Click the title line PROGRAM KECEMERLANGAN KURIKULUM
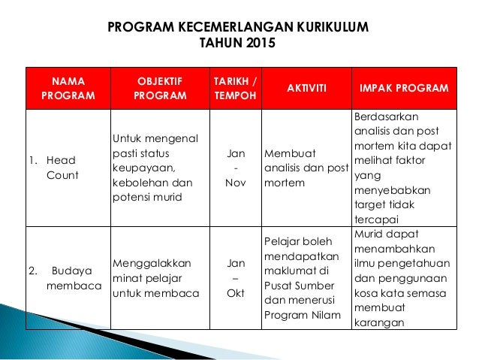pyautogui.click(x=239, y=28)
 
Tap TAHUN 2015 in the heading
pyautogui.click(x=239, y=44)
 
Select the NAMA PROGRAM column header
pyautogui.click(x=68, y=88)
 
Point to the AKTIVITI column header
pyautogui.click(x=306, y=88)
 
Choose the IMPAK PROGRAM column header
pyautogui.click(x=404, y=88)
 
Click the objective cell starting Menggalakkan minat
pyautogui.click(x=155, y=277)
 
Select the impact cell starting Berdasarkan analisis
pyautogui.click(x=402, y=167)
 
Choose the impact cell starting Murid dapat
pyautogui.click(x=402, y=277)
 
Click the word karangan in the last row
pyautogui.click(x=378, y=324)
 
